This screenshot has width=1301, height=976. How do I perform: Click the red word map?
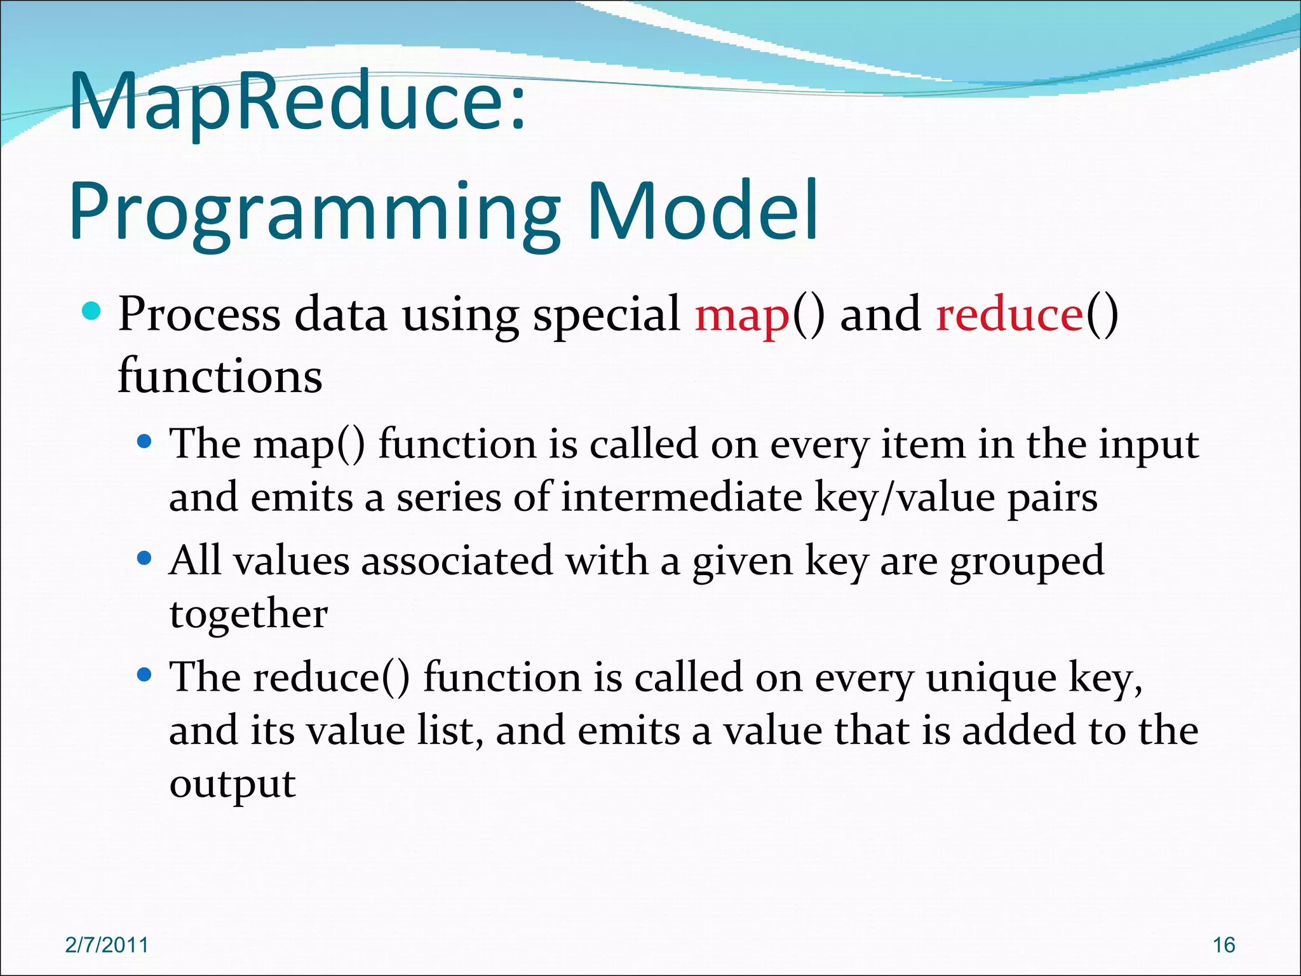742,316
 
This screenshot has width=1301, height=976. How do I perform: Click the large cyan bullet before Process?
91,311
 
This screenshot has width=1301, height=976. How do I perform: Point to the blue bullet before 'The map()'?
145,441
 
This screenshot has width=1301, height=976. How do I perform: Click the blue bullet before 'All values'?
145,558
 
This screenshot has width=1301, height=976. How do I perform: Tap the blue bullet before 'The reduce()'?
145,674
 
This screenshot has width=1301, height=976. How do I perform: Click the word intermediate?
682,498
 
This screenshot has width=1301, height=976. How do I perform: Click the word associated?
457,561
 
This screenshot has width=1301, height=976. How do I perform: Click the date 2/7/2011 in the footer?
107,945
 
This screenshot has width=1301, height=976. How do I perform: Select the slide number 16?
1223,945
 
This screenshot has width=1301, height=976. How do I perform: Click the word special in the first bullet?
606,316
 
